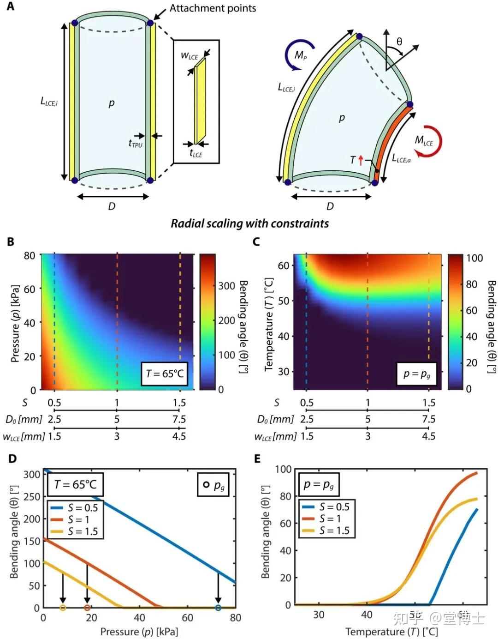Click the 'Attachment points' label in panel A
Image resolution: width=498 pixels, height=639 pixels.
(x=213, y=8)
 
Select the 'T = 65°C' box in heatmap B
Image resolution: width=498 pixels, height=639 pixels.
(x=165, y=374)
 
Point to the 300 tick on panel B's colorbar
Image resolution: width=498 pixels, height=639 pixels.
(x=227, y=286)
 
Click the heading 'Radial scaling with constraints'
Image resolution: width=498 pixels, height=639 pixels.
(x=249, y=223)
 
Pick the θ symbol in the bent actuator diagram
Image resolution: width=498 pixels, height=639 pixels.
(x=399, y=42)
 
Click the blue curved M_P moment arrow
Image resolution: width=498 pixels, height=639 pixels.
(x=300, y=54)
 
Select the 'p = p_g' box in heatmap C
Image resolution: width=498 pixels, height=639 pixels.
(x=416, y=374)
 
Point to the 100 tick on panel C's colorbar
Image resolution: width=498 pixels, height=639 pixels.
(x=474, y=258)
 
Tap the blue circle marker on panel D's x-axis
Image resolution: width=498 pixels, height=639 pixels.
(x=219, y=608)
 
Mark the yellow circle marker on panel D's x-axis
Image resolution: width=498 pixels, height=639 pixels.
(x=63, y=608)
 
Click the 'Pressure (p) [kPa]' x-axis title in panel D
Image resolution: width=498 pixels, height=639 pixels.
(x=139, y=631)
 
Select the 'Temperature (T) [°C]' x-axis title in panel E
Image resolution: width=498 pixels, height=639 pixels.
(x=391, y=631)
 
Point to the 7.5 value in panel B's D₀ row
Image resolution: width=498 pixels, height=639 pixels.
(x=179, y=419)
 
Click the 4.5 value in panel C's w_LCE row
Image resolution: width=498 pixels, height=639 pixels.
(x=429, y=436)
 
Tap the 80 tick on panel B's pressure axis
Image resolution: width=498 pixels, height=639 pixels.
(x=30, y=255)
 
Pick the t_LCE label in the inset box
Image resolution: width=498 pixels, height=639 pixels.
(x=196, y=154)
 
